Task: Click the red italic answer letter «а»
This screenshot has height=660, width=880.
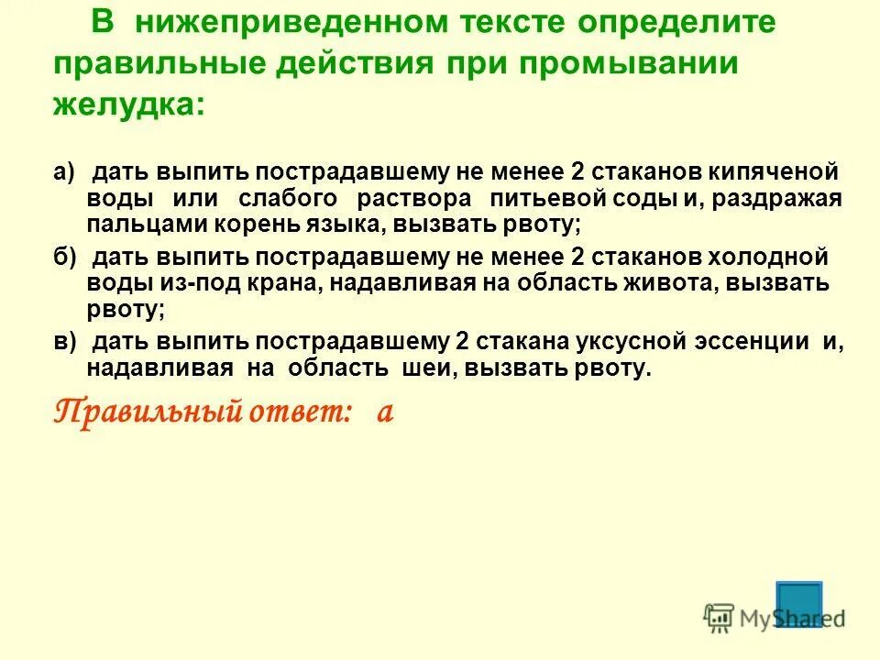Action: [385, 412]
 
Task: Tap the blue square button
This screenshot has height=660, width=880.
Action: [798, 603]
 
